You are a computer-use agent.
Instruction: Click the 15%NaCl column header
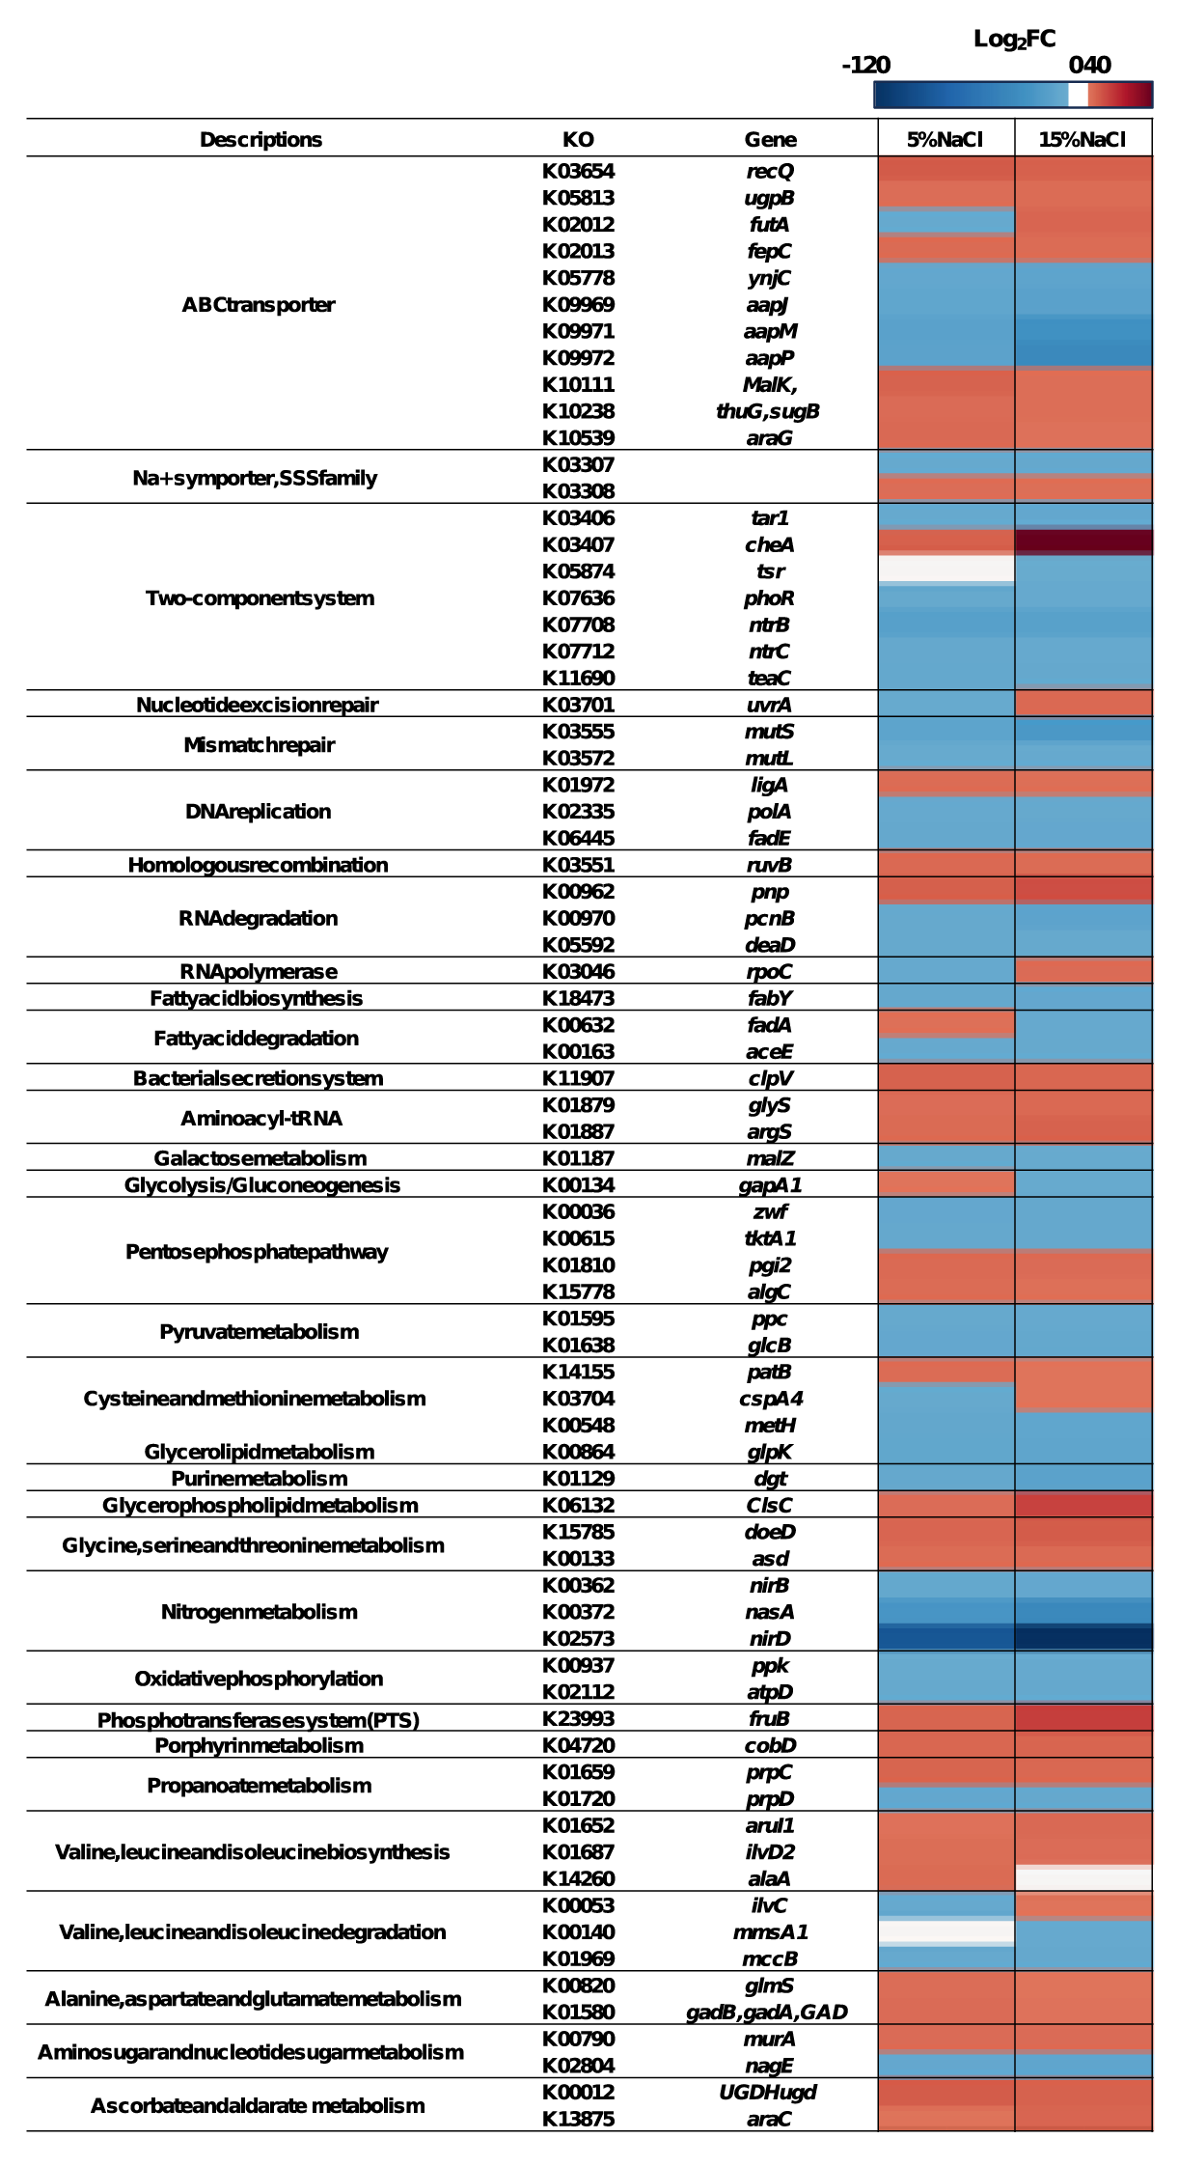pos(1082,140)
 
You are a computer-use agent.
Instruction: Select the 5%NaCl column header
pos(945,140)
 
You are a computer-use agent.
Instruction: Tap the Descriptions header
pos(260,140)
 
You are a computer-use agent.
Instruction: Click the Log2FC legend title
pos(1014,40)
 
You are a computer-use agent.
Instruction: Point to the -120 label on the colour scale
pos(865,66)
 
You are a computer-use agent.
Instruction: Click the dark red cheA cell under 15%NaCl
pos(1083,541)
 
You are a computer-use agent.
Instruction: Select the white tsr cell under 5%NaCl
pos(946,569)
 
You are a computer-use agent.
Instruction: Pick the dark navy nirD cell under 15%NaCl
pos(1083,1638)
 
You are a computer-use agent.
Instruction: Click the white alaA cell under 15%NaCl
pos(1083,1878)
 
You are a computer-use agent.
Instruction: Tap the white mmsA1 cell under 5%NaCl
pos(946,1931)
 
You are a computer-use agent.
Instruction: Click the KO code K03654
pos(578,172)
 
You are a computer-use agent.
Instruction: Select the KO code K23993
pos(578,1719)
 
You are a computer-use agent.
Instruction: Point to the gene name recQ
pos(770,172)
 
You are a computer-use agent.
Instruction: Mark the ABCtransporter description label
pos(259,305)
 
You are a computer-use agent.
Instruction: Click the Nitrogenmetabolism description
pos(259,1612)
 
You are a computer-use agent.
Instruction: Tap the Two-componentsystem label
pos(260,598)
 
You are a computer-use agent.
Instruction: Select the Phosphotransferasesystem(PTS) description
pos(259,1720)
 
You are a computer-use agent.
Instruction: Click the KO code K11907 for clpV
pos(578,1078)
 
